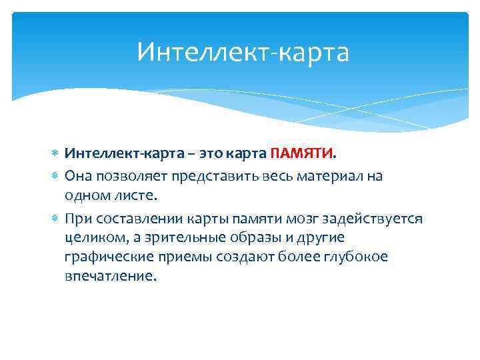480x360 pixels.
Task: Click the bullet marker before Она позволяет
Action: tap(56, 175)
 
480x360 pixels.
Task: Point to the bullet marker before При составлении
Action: tap(56, 219)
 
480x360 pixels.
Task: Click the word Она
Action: tap(79, 175)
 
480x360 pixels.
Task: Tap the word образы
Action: tap(257, 237)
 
